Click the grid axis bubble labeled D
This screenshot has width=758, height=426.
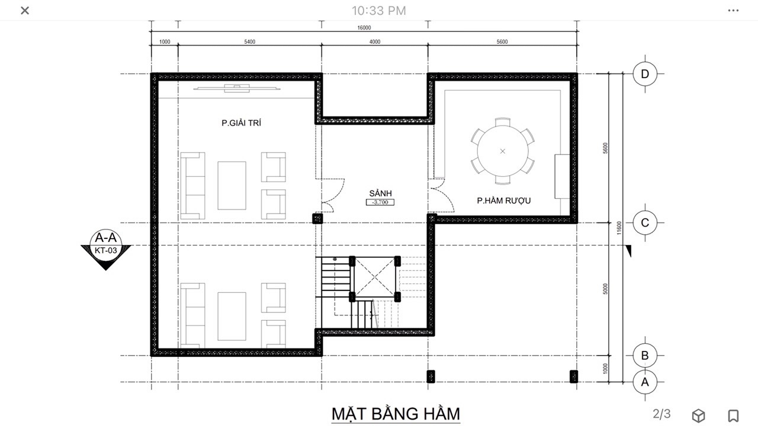coord(645,74)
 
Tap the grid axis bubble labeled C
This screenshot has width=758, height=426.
coord(645,222)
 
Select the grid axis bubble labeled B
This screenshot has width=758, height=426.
coord(645,356)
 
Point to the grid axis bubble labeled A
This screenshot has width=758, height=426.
coord(645,382)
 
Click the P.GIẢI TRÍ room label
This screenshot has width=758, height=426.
coord(241,123)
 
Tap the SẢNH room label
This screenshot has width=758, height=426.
coord(380,193)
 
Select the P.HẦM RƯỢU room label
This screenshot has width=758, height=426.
coord(503,201)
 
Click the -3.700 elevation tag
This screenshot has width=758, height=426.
coord(380,202)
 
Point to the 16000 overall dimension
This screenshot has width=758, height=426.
coord(364,28)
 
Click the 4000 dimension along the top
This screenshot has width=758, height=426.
coord(375,42)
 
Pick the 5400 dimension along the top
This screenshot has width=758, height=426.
coord(250,42)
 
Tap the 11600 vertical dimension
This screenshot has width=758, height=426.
coord(619,228)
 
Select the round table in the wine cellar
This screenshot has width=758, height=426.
coord(503,151)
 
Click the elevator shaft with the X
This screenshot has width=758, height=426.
coord(375,278)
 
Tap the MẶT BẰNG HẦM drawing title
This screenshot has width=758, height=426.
coord(396,414)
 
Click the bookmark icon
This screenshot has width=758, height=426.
coord(733,415)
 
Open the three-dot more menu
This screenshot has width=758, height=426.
coord(733,11)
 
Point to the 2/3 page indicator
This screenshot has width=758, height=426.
coord(661,414)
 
